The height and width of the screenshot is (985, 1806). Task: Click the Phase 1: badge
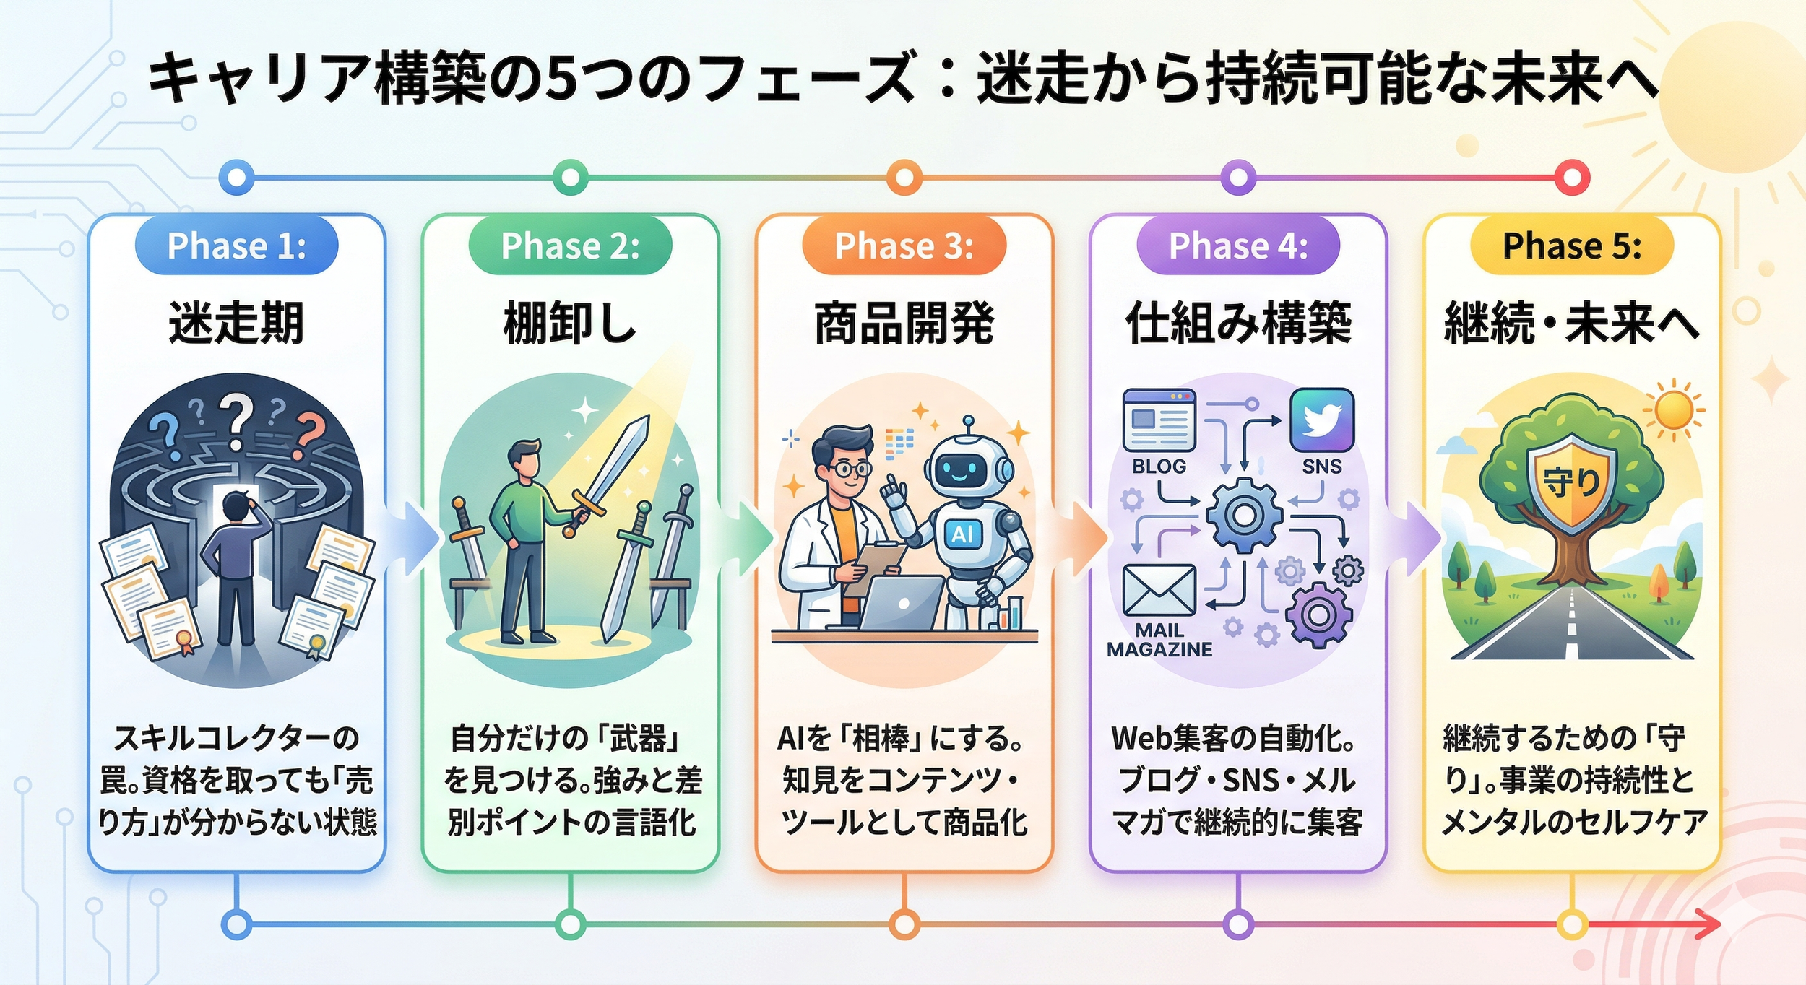[x=236, y=246]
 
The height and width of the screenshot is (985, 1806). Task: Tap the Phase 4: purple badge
[x=1237, y=246]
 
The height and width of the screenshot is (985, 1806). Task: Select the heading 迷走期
[x=236, y=323]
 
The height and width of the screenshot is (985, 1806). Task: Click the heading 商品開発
[x=904, y=323]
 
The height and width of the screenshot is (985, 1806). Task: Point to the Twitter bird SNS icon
[x=1321, y=420]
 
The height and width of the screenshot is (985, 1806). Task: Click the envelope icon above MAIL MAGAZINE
[x=1159, y=589]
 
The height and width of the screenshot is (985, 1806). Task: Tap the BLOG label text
[x=1159, y=467]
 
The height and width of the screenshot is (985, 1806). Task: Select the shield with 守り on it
[x=1570, y=480]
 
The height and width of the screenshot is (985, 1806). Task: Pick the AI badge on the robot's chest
[x=963, y=534]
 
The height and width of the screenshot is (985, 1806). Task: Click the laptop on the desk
[x=903, y=604]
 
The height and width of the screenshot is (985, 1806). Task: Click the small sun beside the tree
[x=1672, y=409]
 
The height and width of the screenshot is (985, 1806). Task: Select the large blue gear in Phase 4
[x=1243, y=515]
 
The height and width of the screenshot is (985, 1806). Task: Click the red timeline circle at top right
[x=1572, y=177]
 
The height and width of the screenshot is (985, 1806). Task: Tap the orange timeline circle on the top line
[x=904, y=177]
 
